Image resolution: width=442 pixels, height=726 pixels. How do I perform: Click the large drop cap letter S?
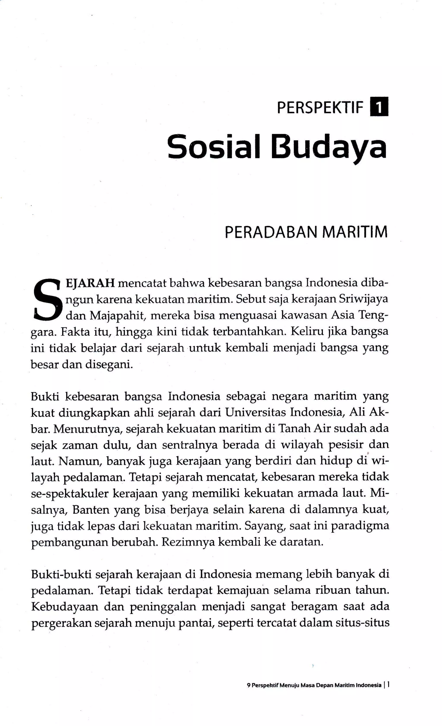pyautogui.click(x=47, y=300)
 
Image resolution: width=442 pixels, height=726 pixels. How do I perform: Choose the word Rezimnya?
pyautogui.click(x=183, y=542)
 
